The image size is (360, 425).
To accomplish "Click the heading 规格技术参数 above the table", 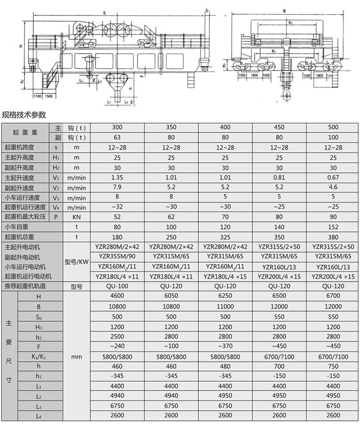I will tap(24, 115).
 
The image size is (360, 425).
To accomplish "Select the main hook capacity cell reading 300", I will tap(117, 127).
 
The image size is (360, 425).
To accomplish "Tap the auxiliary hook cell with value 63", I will tap(117, 137).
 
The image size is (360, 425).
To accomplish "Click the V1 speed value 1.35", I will tap(117, 178).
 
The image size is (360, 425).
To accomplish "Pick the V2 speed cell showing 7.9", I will tap(117, 187).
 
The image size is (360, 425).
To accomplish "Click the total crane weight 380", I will tap(333, 236).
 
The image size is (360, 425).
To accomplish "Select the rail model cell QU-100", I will tap(117, 286).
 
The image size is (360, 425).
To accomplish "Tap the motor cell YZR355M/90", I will tap(117, 256).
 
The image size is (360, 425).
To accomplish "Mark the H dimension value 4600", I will tap(117, 296).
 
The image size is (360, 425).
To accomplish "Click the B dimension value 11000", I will tap(225, 306).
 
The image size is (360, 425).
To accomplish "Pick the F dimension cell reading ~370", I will tap(225, 346).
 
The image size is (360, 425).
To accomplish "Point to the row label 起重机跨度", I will tap(19, 147).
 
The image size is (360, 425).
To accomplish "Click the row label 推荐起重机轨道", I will tap(25, 286).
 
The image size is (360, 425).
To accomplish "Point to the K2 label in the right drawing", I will tap(273, 52).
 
